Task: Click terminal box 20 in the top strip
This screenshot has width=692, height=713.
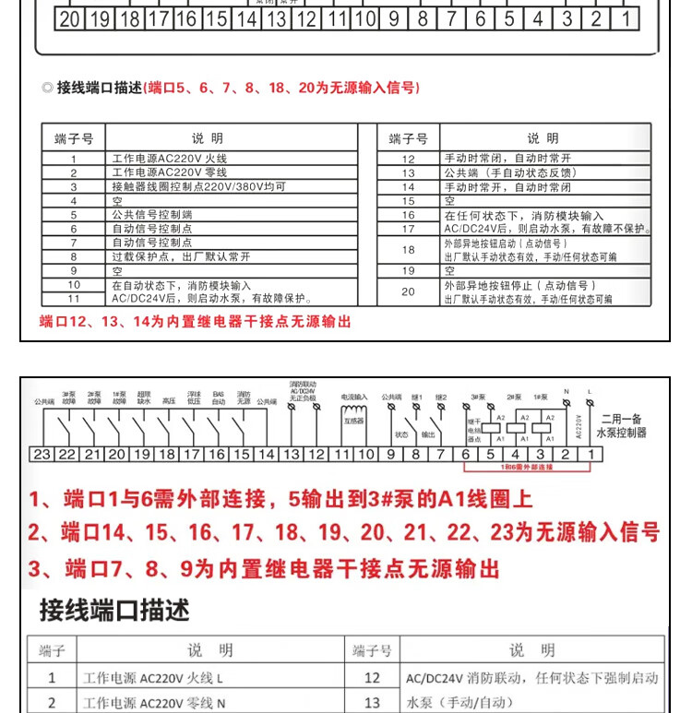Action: tap(69, 18)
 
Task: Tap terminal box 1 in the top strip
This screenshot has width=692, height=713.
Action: tap(625, 18)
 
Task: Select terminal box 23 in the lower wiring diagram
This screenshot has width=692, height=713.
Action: tap(42, 454)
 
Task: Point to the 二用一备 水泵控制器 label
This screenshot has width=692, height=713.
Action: tap(622, 424)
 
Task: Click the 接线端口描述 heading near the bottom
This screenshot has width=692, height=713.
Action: tap(113, 610)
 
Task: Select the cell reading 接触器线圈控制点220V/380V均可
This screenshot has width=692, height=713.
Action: tap(198, 186)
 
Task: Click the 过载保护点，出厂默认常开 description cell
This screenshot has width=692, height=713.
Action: tap(181, 256)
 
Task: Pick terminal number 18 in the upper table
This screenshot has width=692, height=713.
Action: tap(409, 250)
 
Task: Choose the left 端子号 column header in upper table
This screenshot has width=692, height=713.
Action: tap(74, 138)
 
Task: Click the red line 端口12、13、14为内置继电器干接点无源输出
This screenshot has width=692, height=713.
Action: tap(195, 322)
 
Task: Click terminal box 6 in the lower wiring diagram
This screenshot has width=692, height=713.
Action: tap(465, 454)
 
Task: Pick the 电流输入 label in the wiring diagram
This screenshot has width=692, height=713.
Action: tap(354, 398)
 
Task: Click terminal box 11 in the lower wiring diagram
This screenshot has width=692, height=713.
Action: tap(341, 454)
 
